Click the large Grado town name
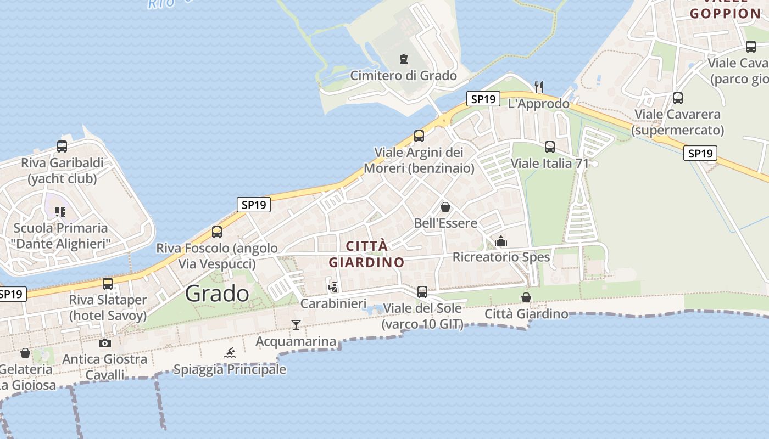tap(217, 294)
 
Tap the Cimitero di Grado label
tap(404, 76)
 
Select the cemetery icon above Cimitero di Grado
tap(404, 59)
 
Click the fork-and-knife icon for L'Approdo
tap(539, 87)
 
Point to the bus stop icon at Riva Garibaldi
tap(62, 147)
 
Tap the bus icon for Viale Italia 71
tap(550, 147)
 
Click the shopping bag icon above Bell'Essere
tap(445, 207)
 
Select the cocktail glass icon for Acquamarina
tap(296, 325)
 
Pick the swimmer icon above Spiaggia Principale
tap(230, 353)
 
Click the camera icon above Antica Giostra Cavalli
tap(104, 343)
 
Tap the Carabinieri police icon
tap(333, 286)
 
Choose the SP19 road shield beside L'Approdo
tap(483, 99)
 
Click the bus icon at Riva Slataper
tap(108, 284)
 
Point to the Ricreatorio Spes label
tap(501, 257)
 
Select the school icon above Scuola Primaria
tap(60, 211)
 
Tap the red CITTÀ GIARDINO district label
tap(367, 254)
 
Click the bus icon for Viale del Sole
tap(422, 292)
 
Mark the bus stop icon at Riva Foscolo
tap(217, 232)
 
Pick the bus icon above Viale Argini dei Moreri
tap(419, 136)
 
